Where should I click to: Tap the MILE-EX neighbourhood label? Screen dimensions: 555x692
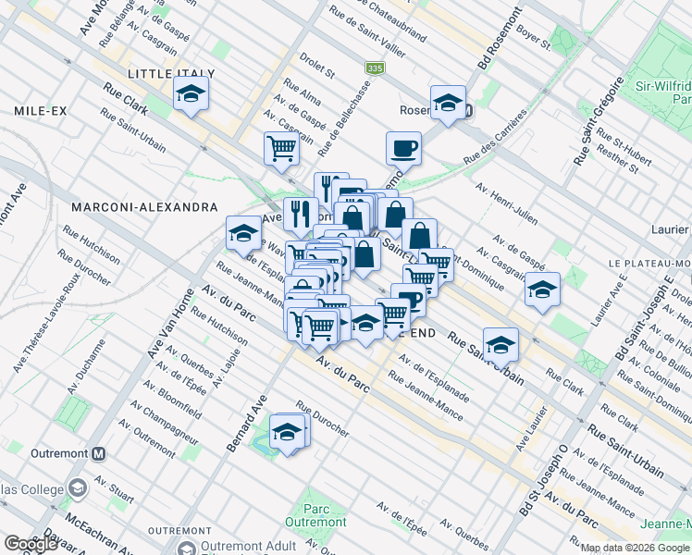pos(41,111)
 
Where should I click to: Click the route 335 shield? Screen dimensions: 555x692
pos(374,68)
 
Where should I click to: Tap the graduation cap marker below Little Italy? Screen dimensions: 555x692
pos(192,94)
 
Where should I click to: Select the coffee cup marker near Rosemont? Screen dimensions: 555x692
pos(403,148)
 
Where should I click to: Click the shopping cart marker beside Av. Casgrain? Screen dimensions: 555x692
pos(281,148)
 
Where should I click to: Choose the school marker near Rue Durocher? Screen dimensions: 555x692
pos(288,432)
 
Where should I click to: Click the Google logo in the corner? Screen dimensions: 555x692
pos(31,544)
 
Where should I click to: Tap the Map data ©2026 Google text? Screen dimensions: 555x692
pos(636,548)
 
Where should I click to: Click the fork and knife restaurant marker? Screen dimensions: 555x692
pos(300,215)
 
